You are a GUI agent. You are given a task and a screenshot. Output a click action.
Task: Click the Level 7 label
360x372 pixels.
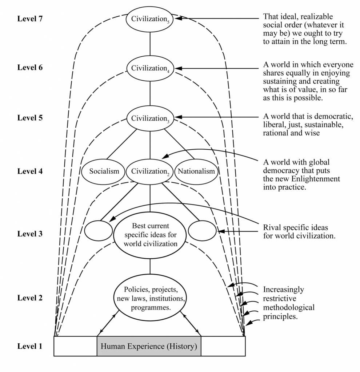(x=30, y=19)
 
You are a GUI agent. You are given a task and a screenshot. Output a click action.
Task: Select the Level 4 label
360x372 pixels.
(x=30, y=171)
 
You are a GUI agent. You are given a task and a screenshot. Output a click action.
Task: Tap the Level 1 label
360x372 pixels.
(x=30, y=346)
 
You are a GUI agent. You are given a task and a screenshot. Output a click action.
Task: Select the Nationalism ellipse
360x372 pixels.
(x=197, y=171)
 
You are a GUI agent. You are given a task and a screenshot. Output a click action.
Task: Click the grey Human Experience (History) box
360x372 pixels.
(x=149, y=346)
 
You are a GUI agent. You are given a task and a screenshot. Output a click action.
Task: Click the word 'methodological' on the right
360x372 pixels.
(x=289, y=308)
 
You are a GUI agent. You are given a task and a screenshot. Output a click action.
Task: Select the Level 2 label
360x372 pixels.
(x=30, y=298)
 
